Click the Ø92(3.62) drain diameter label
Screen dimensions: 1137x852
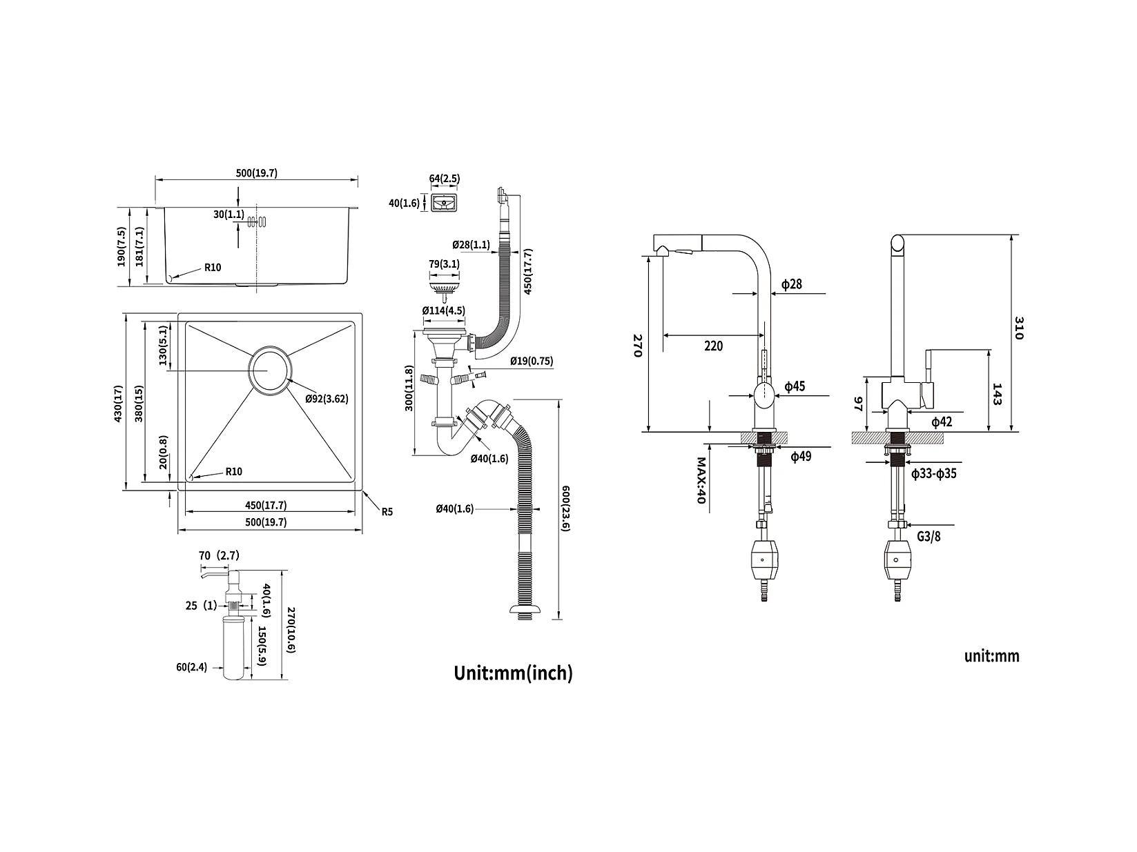327,399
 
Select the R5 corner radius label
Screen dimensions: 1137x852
387,512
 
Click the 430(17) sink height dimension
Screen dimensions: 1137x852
118,404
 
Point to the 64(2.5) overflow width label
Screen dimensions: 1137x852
444,179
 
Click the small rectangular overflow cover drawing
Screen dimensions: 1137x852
444,203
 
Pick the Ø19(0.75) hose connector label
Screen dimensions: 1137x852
532,361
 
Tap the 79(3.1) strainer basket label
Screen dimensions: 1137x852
443,264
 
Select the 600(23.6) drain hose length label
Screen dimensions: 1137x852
565,508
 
